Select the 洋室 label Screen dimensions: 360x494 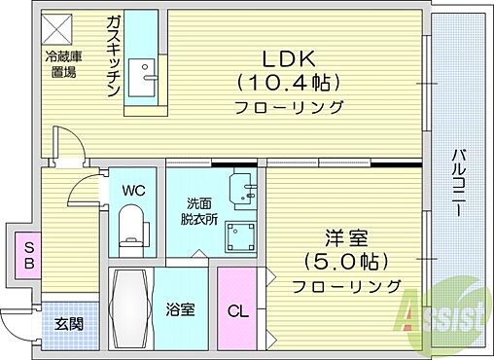[x=344, y=236]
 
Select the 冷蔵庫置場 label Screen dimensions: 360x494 [x=61, y=63]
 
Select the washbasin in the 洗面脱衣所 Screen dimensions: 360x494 [x=241, y=187]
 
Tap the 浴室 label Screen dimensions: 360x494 [x=181, y=311]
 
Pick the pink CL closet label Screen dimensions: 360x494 [x=236, y=311]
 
